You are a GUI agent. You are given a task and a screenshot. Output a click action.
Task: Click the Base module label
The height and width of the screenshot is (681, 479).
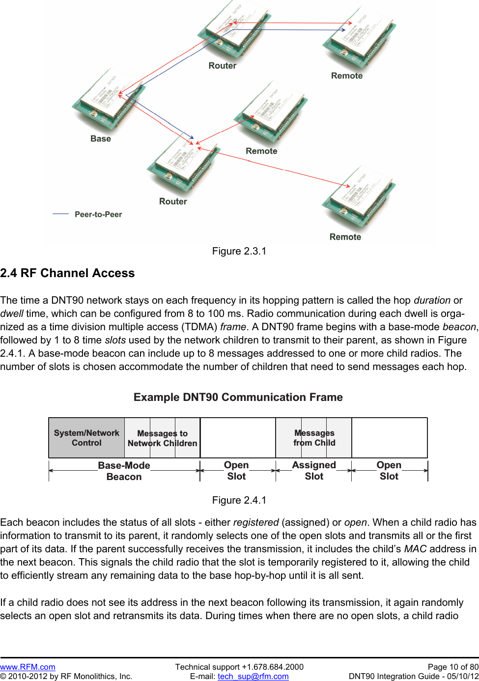[x=101, y=139]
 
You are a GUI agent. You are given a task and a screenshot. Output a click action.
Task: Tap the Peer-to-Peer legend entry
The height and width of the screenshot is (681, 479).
[x=98, y=214]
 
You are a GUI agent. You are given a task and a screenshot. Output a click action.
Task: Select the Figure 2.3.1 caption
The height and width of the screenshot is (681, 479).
[x=239, y=251]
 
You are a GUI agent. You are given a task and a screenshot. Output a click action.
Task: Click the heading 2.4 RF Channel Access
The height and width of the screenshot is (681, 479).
[x=67, y=273]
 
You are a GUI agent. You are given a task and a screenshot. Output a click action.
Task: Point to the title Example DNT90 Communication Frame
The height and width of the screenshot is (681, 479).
[x=238, y=397]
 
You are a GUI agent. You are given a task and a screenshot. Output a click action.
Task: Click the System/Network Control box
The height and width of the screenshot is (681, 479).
[x=86, y=438]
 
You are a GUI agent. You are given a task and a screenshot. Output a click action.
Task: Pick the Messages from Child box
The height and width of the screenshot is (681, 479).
[x=314, y=438]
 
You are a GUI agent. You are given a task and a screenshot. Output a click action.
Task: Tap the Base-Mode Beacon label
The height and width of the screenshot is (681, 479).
[x=124, y=471]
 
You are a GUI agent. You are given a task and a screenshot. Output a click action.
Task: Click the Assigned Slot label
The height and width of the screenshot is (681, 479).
[x=314, y=470]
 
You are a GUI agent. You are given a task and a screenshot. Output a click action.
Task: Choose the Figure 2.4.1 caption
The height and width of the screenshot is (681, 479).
[x=239, y=500]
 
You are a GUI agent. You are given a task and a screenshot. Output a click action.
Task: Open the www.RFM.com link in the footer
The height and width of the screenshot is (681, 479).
[x=28, y=667]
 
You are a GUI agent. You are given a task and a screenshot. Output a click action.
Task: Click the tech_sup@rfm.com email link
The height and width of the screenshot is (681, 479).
[x=253, y=676]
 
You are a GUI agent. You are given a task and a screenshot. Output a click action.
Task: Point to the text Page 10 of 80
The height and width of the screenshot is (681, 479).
[x=452, y=667]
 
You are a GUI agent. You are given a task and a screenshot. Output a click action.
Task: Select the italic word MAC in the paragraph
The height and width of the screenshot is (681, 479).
[x=415, y=549]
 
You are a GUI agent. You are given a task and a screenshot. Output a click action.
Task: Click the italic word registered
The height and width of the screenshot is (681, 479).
[x=255, y=522]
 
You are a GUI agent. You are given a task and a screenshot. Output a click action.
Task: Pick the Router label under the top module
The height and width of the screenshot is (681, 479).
[x=222, y=66]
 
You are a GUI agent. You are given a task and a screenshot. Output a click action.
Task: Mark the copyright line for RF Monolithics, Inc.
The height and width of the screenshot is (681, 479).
[x=66, y=676]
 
